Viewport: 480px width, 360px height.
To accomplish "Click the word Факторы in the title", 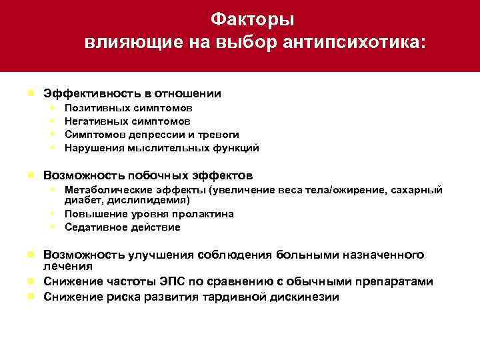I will pyautogui.click(x=252, y=18).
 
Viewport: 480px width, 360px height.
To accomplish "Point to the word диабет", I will pyautogui.click(x=80, y=200).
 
